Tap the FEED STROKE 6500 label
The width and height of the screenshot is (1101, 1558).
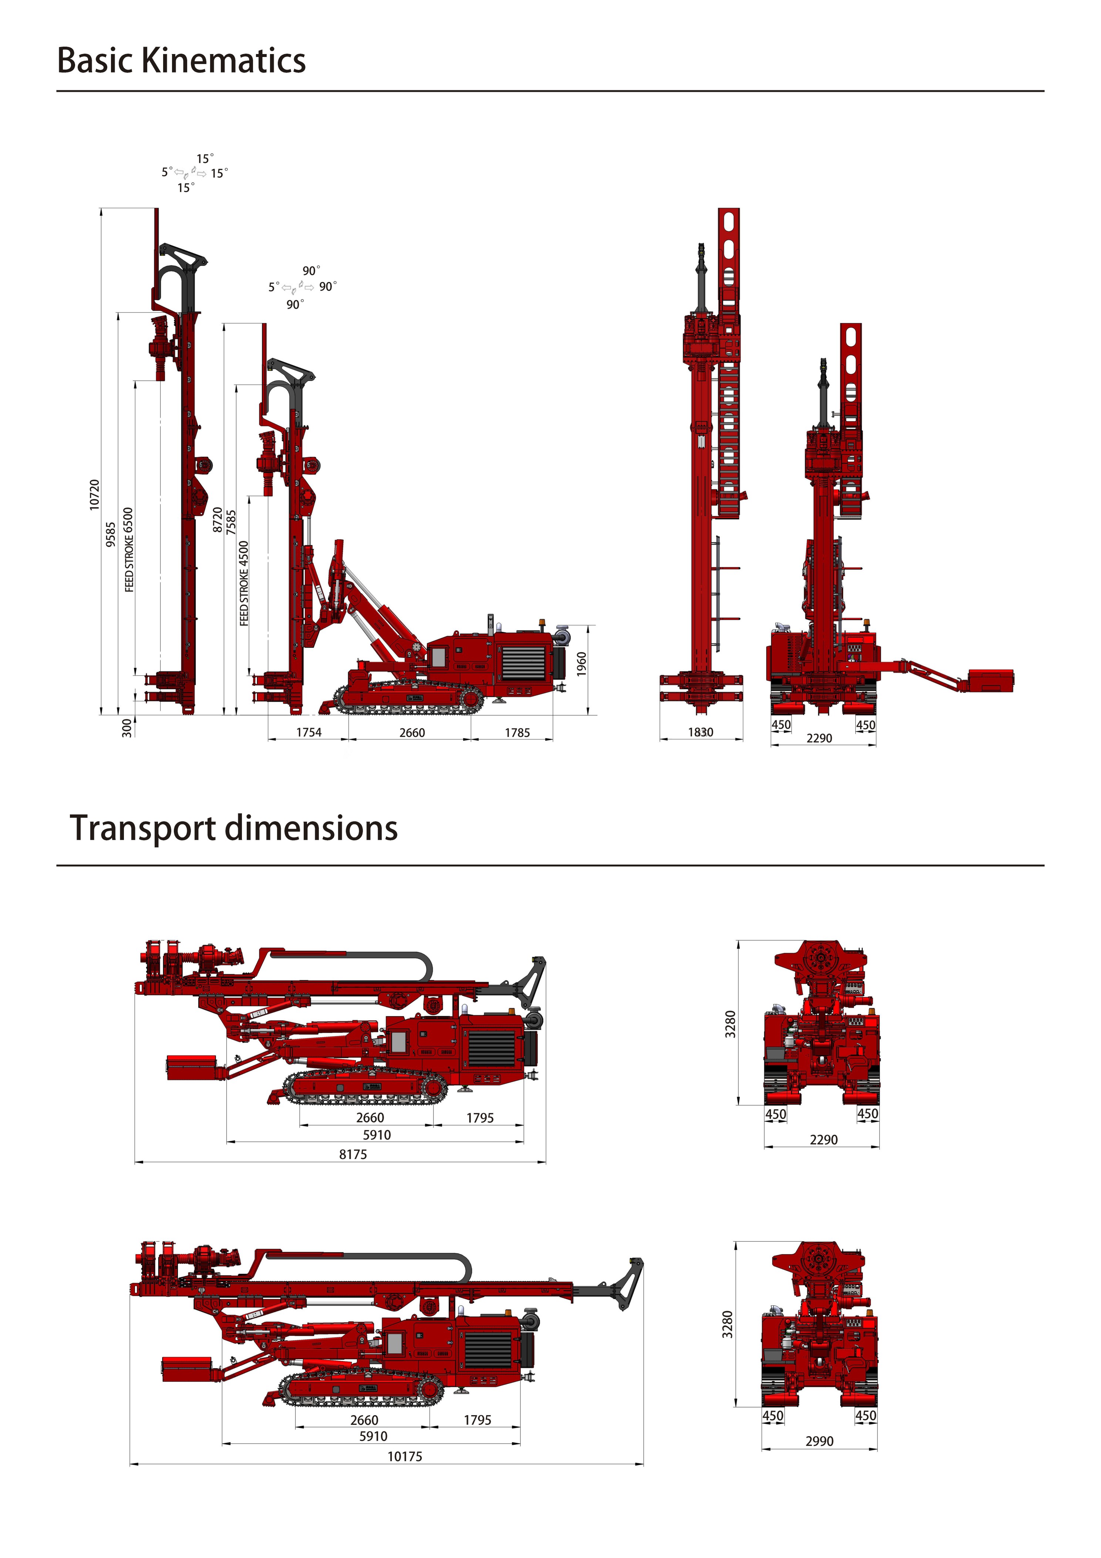coord(129,550)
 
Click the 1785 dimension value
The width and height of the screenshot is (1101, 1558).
coord(517,733)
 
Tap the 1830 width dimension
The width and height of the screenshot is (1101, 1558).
coord(701,732)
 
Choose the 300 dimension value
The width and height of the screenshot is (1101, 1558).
coord(127,728)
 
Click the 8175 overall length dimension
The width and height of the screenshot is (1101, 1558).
coord(353,1154)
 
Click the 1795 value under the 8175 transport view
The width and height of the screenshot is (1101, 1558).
coord(479,1118)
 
